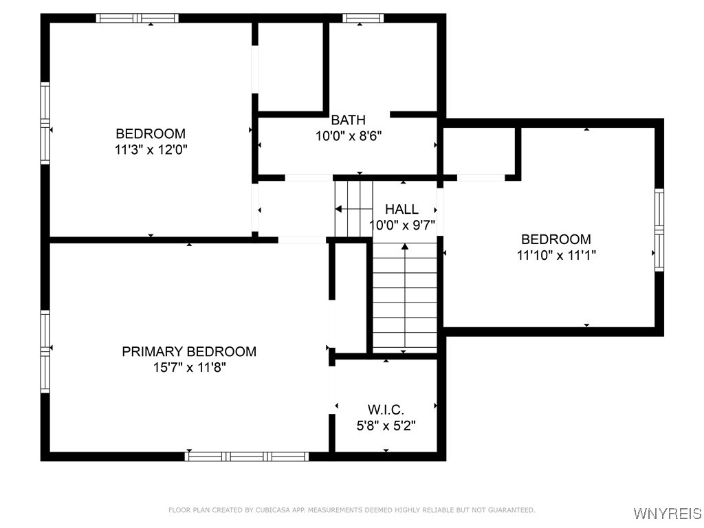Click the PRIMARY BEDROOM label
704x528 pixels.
pos(189,351)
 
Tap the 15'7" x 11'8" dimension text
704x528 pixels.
pos(189,368)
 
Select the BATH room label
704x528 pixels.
pos(348,120)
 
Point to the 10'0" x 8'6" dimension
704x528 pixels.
pos(348,136)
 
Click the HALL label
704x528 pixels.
pos(401,209)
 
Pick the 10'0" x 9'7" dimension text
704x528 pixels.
pos(402,225)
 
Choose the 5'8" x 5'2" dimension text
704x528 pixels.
pos(386,426)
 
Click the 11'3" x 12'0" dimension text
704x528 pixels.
pos(151,149)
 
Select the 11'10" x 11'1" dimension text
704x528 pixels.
pos(555,255)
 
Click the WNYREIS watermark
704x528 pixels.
pos(667,514)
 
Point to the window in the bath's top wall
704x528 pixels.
pos(363,19)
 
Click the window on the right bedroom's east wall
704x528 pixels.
pos(659,230)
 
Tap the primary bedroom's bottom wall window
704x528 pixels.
pos(247,456)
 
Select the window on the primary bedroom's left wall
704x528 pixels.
pos(45,351)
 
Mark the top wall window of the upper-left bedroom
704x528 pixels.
pos(137,19)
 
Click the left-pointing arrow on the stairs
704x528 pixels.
pos(339,208)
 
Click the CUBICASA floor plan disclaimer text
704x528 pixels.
pos(351,510)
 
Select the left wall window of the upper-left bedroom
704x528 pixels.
pos(45,123)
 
